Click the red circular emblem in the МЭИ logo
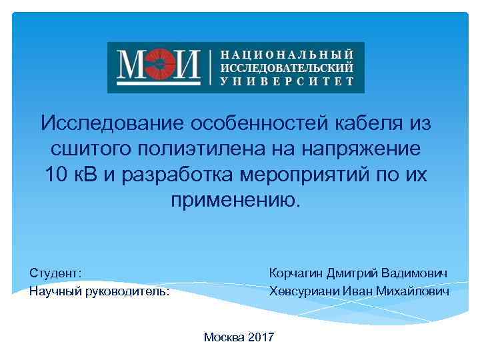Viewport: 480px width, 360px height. click(159, 67)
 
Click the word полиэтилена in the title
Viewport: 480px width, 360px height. click(207, 149)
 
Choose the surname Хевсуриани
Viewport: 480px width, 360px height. click(303, 291)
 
